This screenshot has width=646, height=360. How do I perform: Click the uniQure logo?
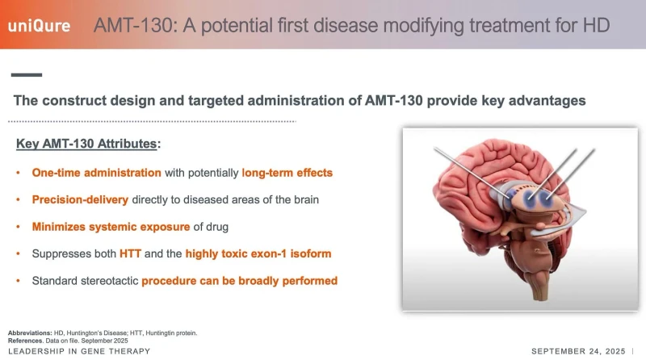[39, 26]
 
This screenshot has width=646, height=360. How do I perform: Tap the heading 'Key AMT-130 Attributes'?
[86, 144]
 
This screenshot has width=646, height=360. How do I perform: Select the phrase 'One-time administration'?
[96, 173]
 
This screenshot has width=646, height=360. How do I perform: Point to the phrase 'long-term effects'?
[287, 173]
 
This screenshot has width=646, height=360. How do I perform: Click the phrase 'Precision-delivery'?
[80, 199]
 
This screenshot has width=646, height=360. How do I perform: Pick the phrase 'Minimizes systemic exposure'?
[111, 227]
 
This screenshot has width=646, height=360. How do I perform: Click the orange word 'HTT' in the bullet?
[130, 253]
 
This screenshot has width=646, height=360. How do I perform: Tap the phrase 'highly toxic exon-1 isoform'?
[258, 253]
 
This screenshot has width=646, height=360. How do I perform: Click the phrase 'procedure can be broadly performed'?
[239, 281]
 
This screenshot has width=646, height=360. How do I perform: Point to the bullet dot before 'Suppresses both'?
[18, 253]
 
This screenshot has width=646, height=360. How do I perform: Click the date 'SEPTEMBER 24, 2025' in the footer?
[578, 351]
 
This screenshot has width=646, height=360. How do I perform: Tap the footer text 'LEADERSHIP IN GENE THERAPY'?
[79, 351]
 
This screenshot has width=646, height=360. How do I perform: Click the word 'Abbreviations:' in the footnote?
[30, 333]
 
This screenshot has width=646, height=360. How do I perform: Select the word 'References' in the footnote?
[25, 341]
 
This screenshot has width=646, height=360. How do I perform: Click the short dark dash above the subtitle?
[27, 75]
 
